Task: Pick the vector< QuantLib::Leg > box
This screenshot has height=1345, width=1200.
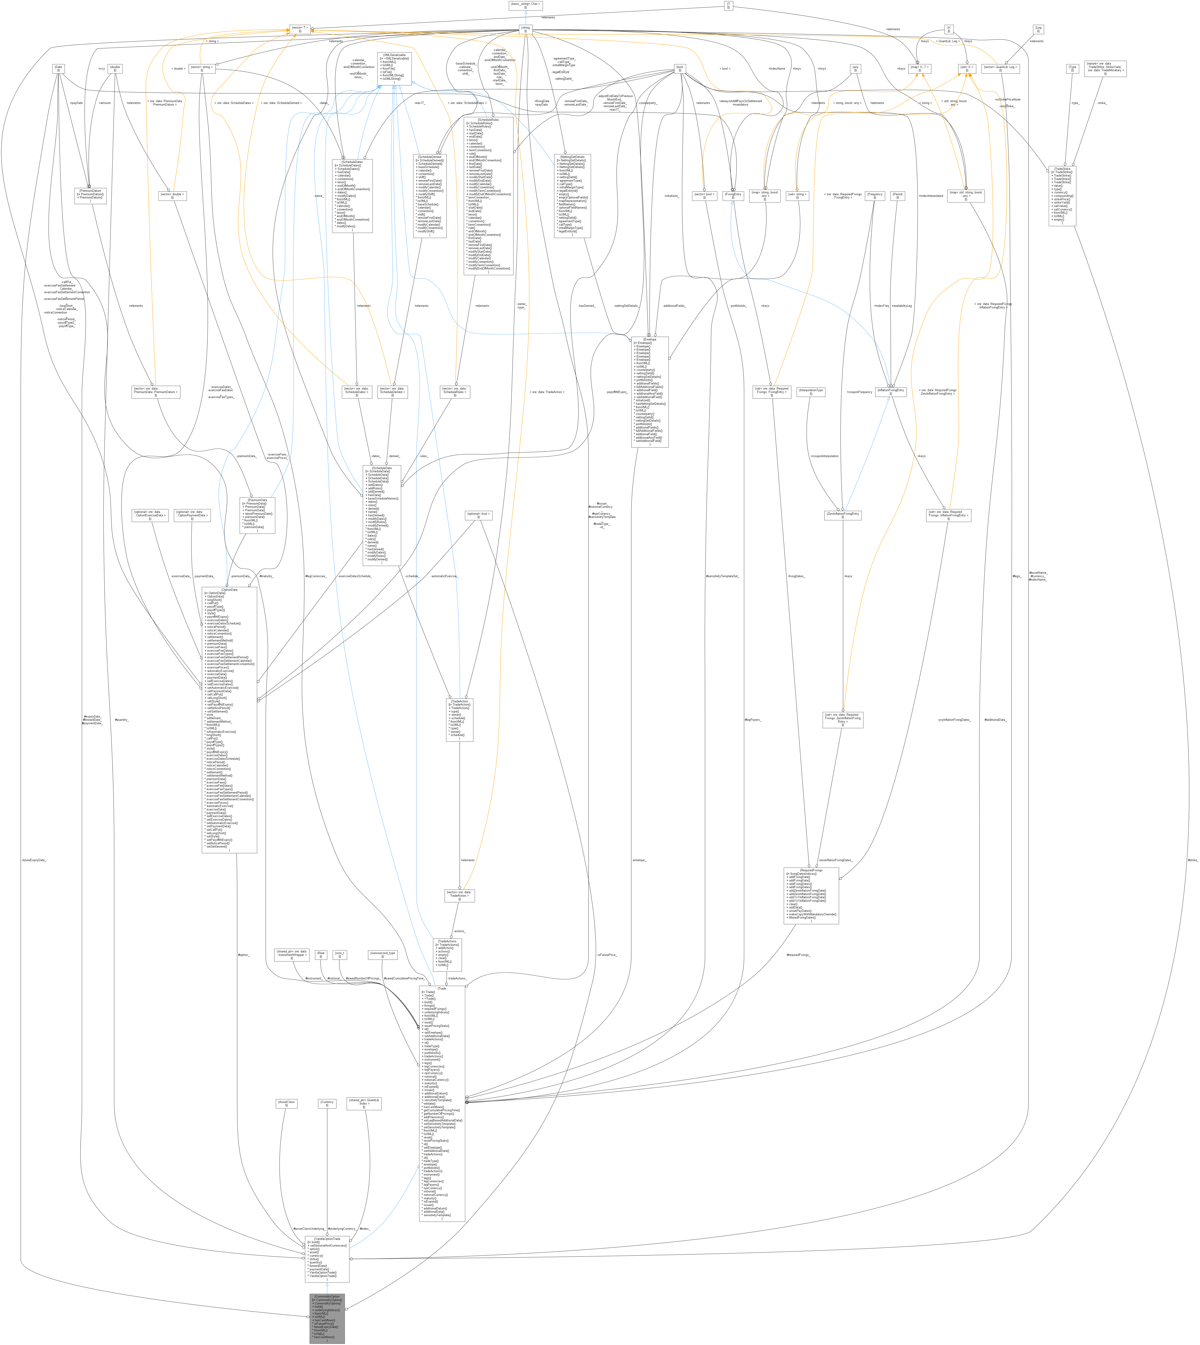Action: (1000, 68)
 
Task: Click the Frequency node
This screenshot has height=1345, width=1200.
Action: (875, 196)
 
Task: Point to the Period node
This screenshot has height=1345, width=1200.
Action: (897, 196)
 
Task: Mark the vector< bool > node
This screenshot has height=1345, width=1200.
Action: (704, 196)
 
